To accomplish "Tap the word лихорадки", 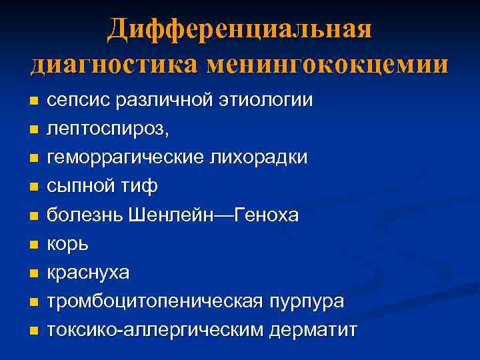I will [255, 158].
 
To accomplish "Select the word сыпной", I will [83, 187].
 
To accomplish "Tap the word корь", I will [67, 244].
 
